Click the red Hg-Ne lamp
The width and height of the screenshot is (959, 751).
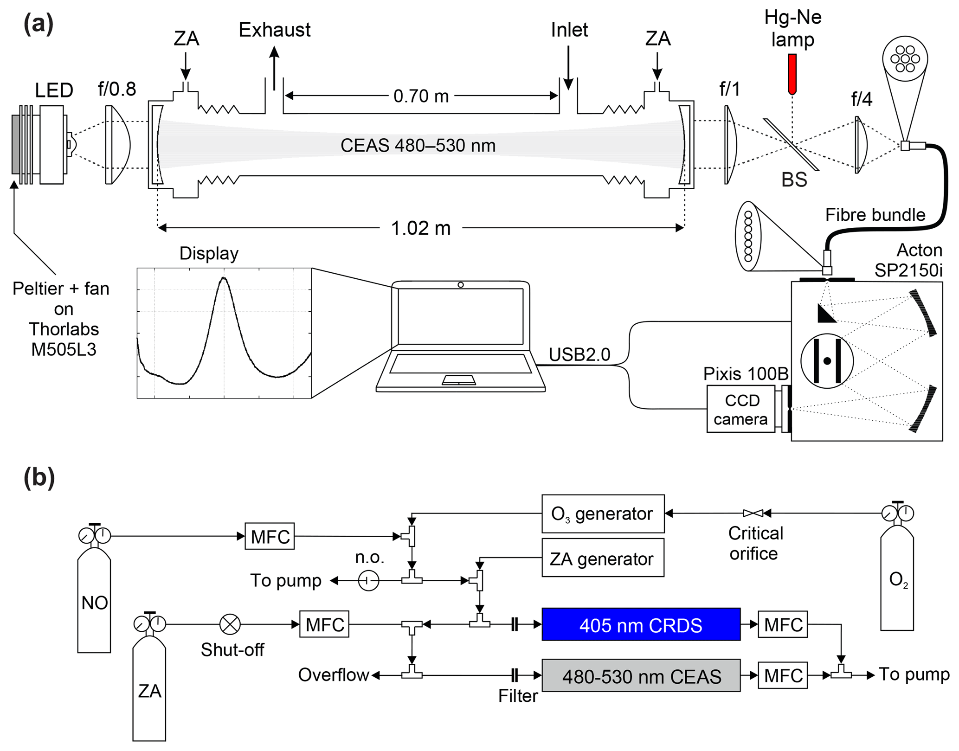point(792,74)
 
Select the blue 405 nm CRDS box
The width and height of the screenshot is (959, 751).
point(641,624)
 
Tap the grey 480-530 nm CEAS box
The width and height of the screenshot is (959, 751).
point(641,675)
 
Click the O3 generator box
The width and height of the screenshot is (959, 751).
point(603,514)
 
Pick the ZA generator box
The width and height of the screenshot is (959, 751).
point(603,558)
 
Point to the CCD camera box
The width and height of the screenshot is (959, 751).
point(740,409)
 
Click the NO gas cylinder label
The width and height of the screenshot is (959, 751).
point(94,603)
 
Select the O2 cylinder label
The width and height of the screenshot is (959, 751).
point(898,580)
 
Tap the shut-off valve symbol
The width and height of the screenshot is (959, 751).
point(230,624)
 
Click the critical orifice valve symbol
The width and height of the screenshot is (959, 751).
point(753,513)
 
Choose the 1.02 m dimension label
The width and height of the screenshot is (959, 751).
point(421,228)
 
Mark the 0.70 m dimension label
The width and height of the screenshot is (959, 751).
point(421,96)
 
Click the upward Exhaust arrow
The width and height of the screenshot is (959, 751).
point(274,67)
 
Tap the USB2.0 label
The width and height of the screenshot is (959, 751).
point(579,354)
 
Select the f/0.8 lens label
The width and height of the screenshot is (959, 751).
point(117,89)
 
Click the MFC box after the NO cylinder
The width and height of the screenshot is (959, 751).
point(270,537)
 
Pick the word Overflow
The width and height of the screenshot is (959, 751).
point(333,675)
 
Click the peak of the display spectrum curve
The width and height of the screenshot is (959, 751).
point(224,278)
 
